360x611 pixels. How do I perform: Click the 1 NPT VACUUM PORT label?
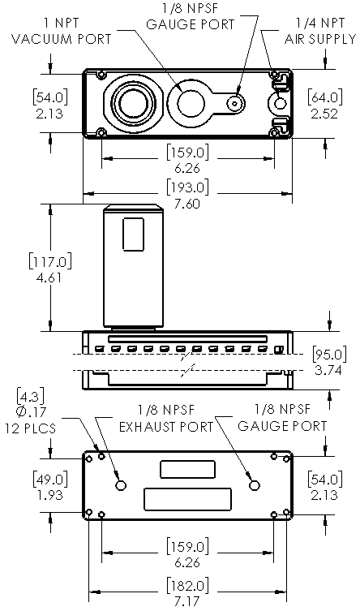click(62, 31)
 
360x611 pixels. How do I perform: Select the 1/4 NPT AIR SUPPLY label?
click(320, 31)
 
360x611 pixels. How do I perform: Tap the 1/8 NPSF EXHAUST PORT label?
click(166, 419)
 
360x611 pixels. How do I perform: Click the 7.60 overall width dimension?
click(187, 204)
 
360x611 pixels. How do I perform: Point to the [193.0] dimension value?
click(187, 187)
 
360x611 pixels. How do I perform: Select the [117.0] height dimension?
click(50, 260)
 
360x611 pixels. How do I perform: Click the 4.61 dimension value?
click(49, 278)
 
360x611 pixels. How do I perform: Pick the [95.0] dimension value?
click(329, 355)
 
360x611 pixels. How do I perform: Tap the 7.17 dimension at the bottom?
click(187, 601)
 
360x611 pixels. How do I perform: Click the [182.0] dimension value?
click(187, 586)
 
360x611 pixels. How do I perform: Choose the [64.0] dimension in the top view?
click(325, 97)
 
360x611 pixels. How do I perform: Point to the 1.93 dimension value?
click(49, 494)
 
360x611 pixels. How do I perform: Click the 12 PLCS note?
click(30, 428)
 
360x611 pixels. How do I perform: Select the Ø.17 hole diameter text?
click(31, 411)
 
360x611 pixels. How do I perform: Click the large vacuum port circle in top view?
click(133, 103)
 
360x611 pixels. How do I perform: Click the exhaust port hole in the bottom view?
click(121, 484)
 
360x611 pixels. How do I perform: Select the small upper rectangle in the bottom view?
click(187, 469)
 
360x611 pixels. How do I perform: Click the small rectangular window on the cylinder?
click(134, 234)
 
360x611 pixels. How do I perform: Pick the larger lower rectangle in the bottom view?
click(187, 499)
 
